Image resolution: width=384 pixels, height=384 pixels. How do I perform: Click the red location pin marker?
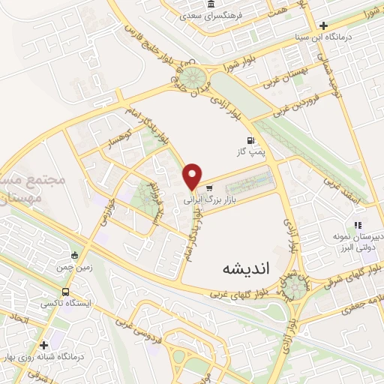193,176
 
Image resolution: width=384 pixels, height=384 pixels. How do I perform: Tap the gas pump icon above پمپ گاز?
249,139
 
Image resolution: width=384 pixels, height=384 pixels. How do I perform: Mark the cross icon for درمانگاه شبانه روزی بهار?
45,346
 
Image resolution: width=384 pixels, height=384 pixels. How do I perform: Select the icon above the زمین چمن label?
73,253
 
